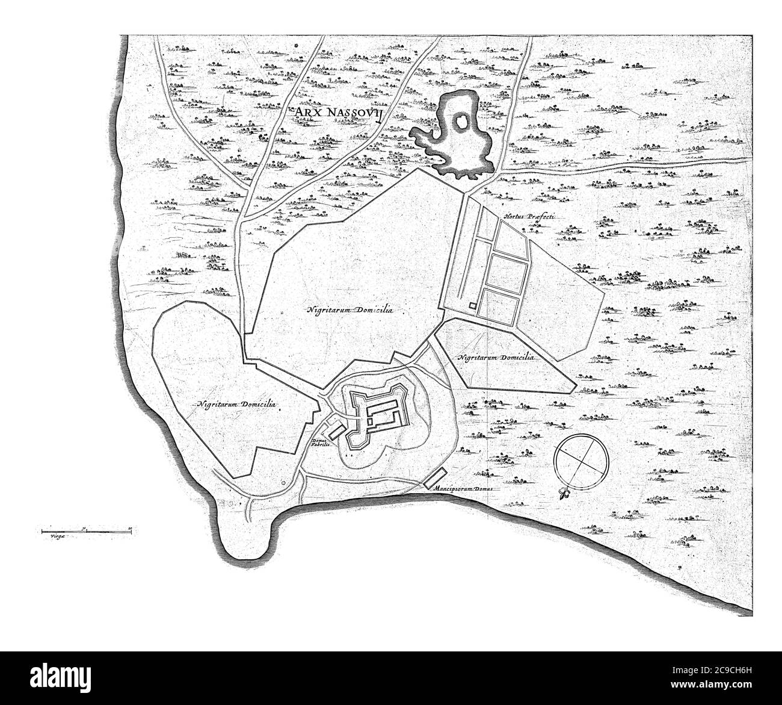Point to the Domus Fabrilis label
click(x=319, y=444)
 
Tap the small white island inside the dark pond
click(x=460, y=123)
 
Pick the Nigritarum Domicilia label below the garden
click(x=496, y=357)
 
